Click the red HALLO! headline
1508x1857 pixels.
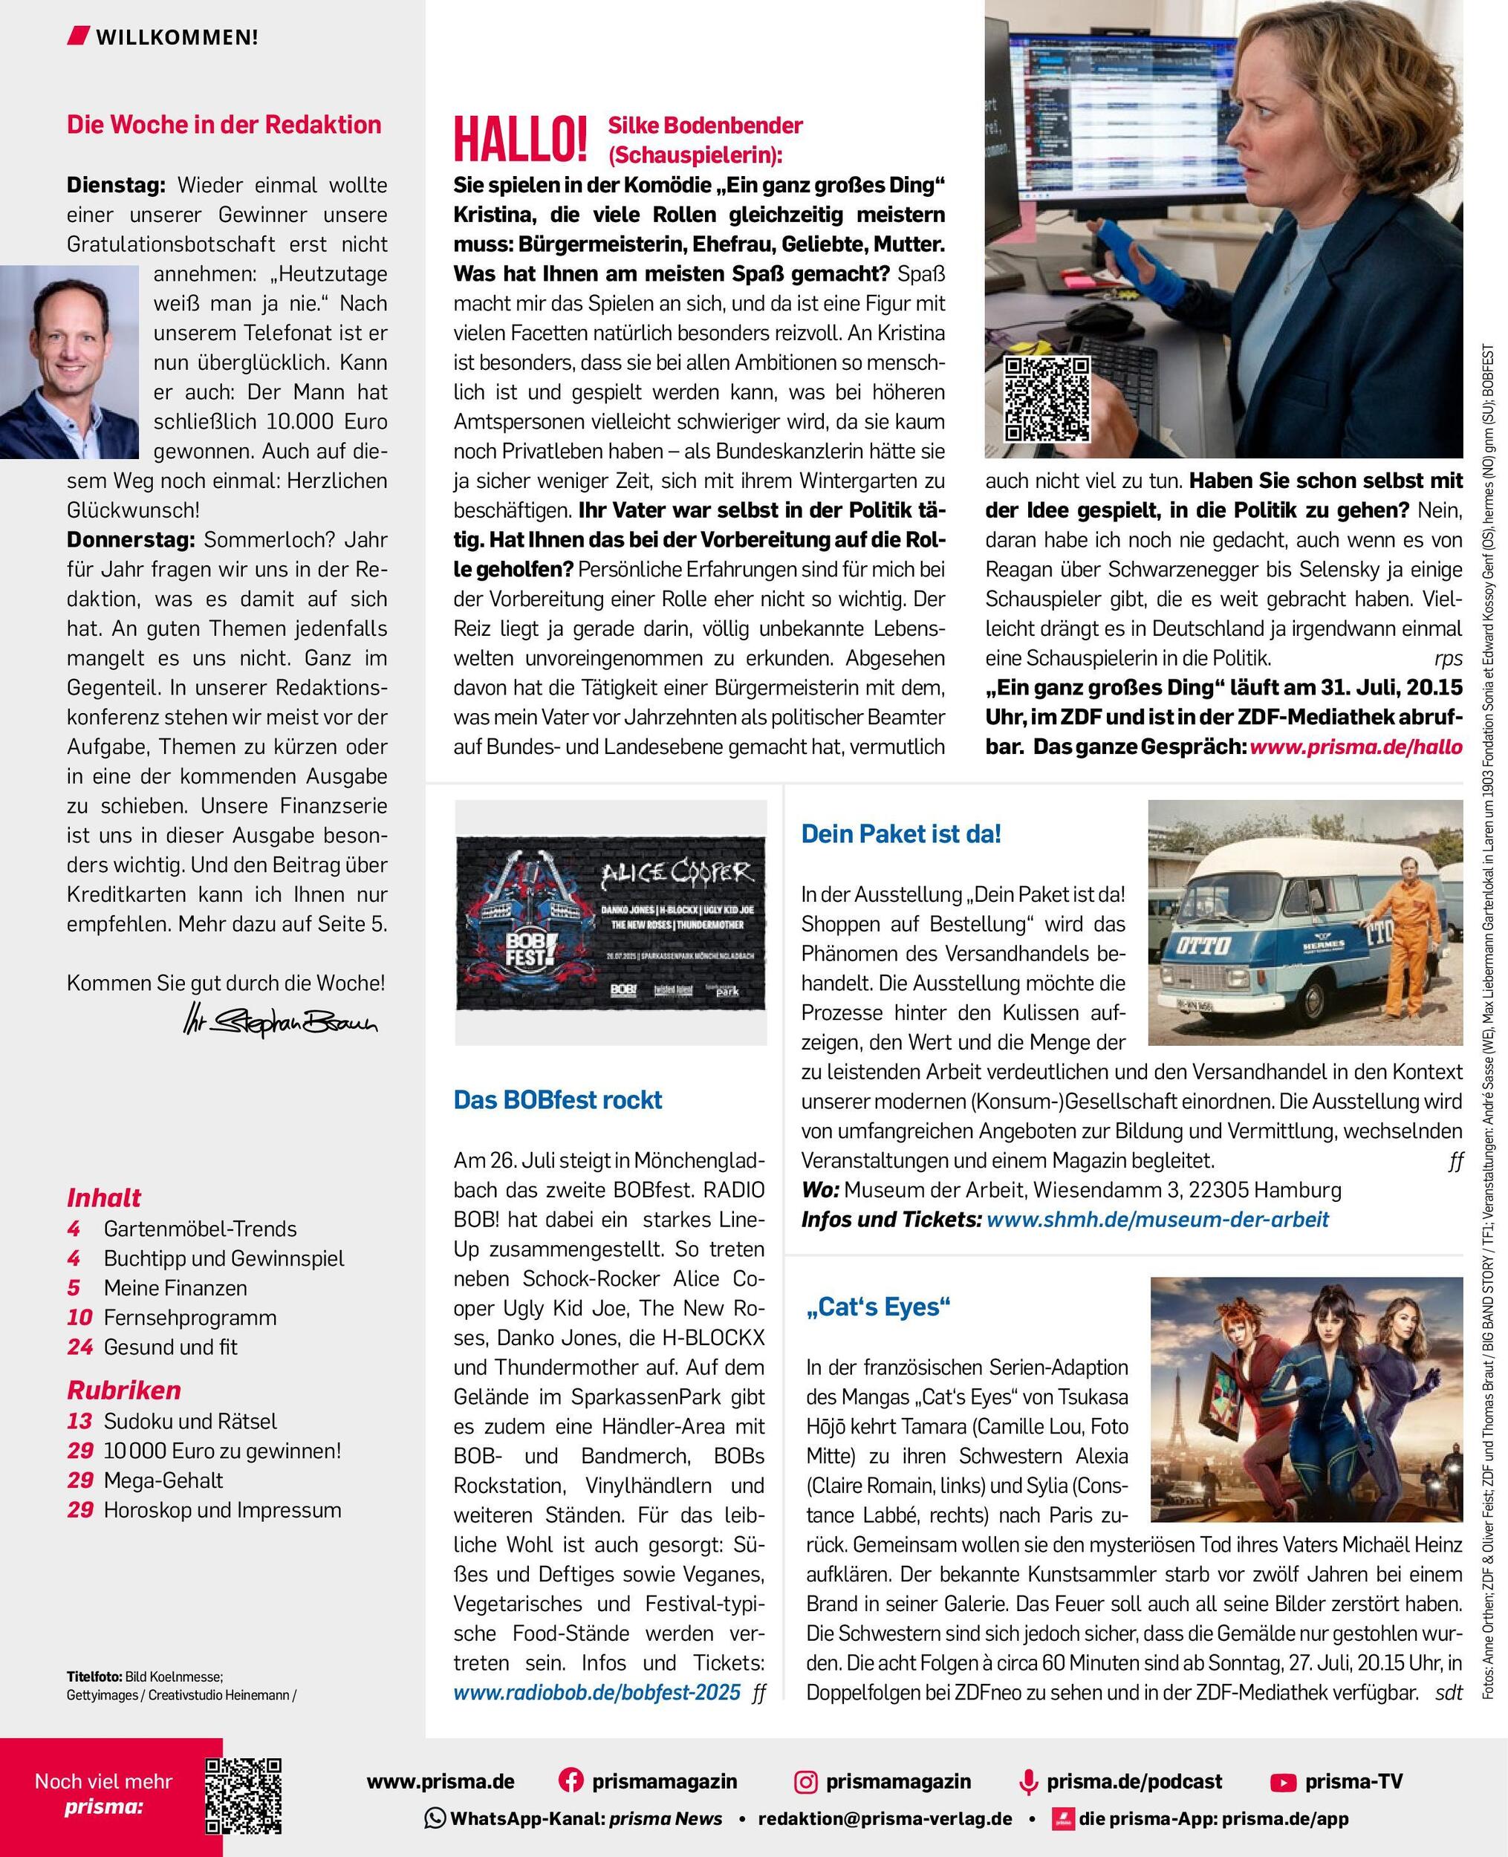click(519, 140)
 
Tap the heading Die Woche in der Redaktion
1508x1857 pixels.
click(224, 124)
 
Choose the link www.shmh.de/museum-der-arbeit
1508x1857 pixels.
click(1157, 1219)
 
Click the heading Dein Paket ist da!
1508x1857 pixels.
click(901, 834)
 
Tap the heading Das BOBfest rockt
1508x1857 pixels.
click(558, 1099)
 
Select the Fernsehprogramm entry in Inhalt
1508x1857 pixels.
click(190, 1317)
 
